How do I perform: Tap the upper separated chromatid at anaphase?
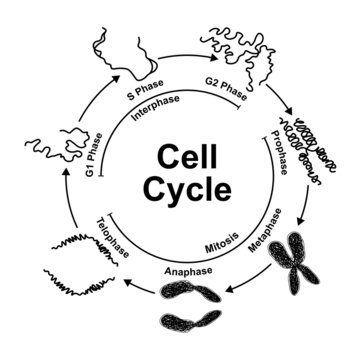tap(205, 294)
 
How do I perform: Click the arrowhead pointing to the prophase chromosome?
tap(289, 116)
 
